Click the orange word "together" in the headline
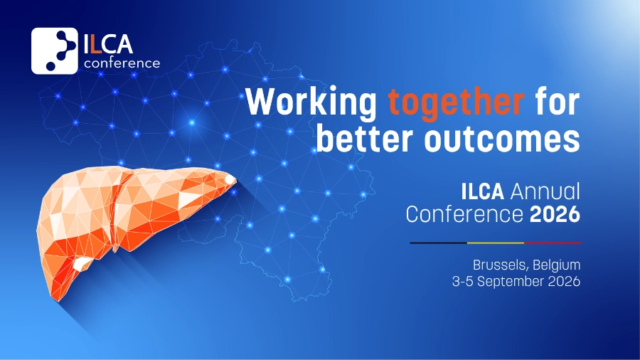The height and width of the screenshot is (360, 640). coord(456,104)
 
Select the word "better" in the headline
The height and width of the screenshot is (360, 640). coord(365,138)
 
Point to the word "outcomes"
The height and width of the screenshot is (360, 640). coord(502,139)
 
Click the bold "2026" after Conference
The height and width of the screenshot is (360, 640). coord(555,214)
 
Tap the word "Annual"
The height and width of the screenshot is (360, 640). coord(545,192)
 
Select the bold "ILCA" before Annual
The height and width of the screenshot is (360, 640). coord(482,192)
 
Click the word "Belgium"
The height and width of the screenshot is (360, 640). coord(556,265)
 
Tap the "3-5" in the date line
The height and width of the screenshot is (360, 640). coord(462,281)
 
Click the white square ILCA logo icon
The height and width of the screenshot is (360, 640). coord(54,51)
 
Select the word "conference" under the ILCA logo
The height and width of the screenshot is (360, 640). coord(122,63)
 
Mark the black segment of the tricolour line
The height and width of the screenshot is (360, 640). coord(438,243)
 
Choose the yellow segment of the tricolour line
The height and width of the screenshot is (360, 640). coord(496,243)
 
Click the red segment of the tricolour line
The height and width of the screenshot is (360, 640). coord(553,243)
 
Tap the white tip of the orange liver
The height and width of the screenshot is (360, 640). coord(230,179)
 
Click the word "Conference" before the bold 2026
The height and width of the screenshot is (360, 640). coord(464,214)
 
